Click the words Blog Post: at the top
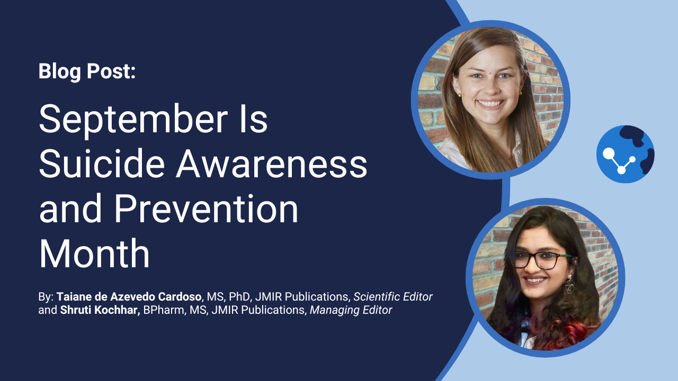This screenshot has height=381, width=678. (87, 71)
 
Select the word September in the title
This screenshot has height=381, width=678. (133, 120)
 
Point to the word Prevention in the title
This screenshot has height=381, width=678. (206, 208)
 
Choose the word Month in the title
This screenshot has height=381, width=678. (94, 253)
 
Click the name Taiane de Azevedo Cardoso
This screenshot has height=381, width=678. (129, 297)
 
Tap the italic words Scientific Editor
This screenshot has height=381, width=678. (393, 297)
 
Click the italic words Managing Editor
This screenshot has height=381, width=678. (351, 310)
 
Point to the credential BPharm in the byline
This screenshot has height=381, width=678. (164, 310)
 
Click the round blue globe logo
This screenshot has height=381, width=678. (626, 154)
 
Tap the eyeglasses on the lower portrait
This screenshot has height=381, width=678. (542, 259)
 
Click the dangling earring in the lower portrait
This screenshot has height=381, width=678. (569, 284)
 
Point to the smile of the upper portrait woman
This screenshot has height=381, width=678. (490, 104)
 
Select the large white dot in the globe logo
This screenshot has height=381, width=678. (609, 153)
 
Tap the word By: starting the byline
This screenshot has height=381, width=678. (46, 297)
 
